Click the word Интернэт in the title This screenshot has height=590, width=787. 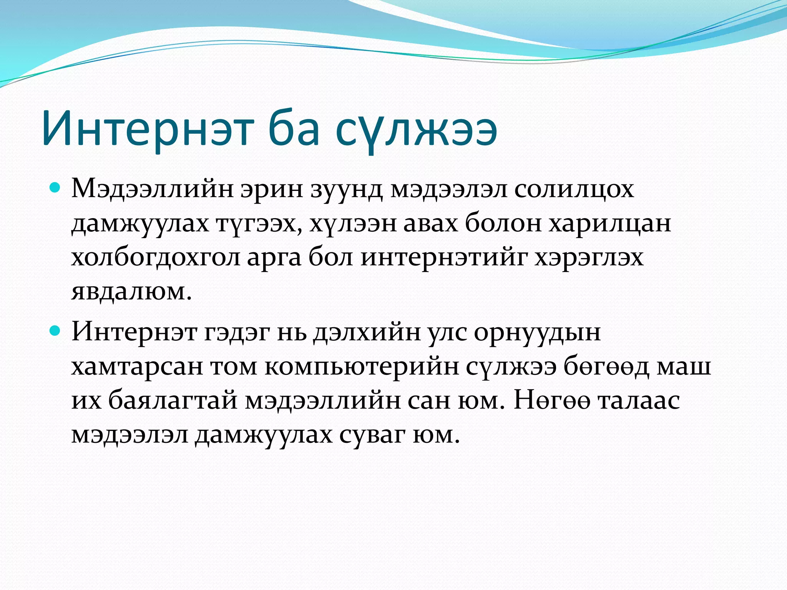tap(148, 128)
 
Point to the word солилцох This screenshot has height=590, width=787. tap(574, 189)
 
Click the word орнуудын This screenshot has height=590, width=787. tap(537, 332)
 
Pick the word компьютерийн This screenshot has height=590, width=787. tap(361, 366)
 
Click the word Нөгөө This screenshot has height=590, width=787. tap(552, 400)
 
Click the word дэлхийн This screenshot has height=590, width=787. tap(367, 332)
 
